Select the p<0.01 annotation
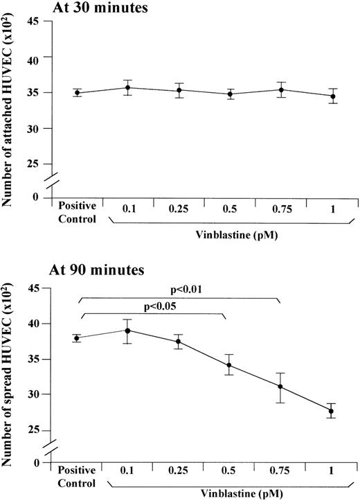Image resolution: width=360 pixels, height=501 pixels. (x=181, y=290)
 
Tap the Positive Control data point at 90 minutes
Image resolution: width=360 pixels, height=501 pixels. (x=76, y=338)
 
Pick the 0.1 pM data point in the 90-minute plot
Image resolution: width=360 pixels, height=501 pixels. (x=127, y=330)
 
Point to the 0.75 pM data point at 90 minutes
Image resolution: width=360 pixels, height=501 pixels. (x=280, y=387)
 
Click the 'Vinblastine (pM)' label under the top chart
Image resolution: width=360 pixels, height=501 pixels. (x=230, y=235)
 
